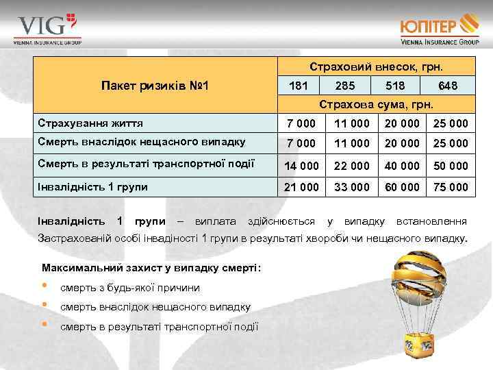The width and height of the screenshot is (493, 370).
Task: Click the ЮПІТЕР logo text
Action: point(429,27)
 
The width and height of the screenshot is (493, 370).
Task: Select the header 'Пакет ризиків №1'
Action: point(155,86)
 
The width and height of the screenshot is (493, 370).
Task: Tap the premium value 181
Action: point(299,86)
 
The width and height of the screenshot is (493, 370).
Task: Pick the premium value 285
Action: point(345,86)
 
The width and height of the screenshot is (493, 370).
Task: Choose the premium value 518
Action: point(395,86)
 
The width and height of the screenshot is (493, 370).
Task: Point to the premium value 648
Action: point(448,86)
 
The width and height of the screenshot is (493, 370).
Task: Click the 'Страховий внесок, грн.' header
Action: point(376,67)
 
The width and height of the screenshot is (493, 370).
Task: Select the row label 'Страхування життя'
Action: point(90,124)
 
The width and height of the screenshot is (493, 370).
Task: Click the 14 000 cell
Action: point(302,166)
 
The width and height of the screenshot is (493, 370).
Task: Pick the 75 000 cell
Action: point(450,186)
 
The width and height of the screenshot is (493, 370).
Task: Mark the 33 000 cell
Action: point(352,186)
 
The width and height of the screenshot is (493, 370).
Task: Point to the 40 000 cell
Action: point(400,166)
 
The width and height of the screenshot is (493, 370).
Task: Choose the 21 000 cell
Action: point(302,186)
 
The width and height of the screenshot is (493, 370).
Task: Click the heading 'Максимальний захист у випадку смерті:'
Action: point(152,267)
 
